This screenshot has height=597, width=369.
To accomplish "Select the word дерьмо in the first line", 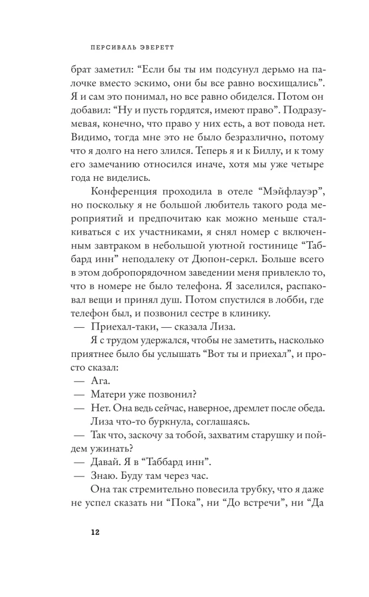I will click(250, 64).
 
